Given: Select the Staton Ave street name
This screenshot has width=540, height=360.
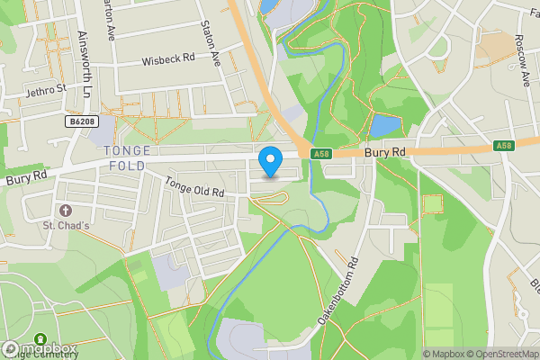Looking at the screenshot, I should click(212, 45).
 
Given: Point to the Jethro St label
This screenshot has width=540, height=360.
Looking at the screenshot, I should click(46, 90).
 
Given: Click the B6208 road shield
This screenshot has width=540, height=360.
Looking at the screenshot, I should click(81, 120).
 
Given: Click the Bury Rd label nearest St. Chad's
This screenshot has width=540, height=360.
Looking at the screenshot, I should click(25, 178).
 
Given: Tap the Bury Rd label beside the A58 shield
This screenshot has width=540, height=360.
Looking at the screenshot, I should click(386, 154).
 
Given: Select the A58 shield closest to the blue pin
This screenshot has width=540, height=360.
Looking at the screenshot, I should click(321, 155).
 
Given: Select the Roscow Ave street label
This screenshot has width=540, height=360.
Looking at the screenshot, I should click(521, 59).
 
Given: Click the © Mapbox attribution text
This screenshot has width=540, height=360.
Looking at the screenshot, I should click(444, 354).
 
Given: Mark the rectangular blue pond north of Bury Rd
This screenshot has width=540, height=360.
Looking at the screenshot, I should click(384, 125).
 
